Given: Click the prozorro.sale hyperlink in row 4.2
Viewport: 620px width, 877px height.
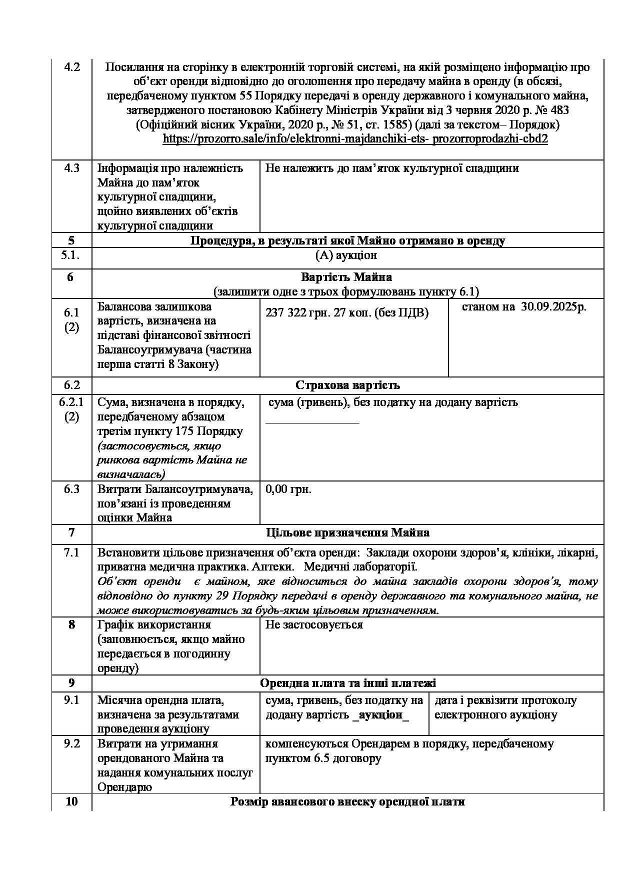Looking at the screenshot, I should pyautogui.click(x=355, y=139).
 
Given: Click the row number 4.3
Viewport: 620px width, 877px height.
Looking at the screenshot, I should pyautogui.click(x=72, y=168).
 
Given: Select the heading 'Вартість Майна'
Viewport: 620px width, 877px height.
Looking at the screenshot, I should pyautogui.click(x=346, y=277).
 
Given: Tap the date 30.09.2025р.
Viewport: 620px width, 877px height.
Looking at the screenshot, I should pyautogui.click(x=553, y=307).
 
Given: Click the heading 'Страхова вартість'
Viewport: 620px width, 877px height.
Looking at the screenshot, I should pyautogui.click(x=347, y=385).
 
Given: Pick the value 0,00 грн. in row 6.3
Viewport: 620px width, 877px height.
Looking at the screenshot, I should pyautogui.click(x=288, y=489).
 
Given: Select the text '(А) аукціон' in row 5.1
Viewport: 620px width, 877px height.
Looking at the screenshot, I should pyautogui.click(x=346, y=255).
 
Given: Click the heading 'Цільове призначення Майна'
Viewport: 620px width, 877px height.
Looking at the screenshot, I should pyautogui.click(x=347, y=532).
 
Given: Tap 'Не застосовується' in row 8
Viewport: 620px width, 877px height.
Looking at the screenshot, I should pyautogui.click(x=314, y=624).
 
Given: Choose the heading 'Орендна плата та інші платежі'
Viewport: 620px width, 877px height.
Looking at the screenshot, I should pyautogui.click(x=347, y=683).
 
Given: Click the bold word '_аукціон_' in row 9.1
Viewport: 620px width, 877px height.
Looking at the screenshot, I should pyautogui.click(x=380, y=714).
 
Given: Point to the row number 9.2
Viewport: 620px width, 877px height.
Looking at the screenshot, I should pyautogui.click(x=72, y=743).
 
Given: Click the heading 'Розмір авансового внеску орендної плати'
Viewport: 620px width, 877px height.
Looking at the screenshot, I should pyautogui.click(x=347, y=801).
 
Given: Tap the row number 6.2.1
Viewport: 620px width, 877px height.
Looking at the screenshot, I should pyautogui.click(x=71, y=402).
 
